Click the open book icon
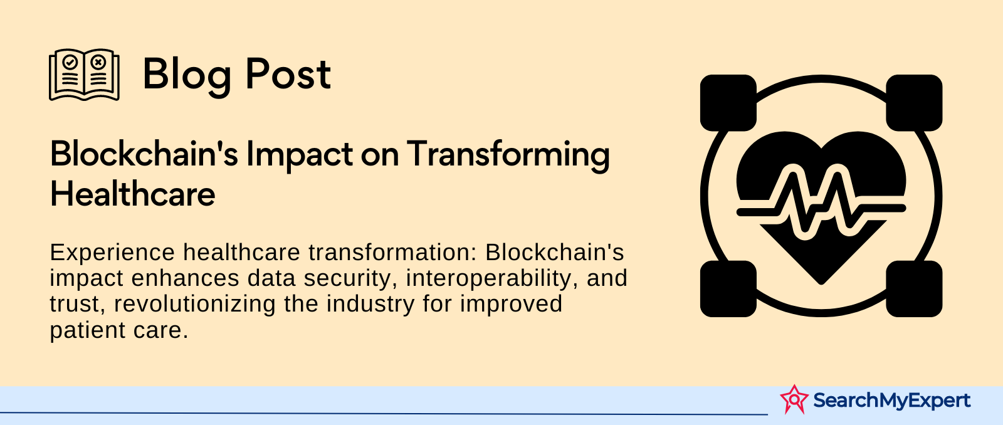(84, 75)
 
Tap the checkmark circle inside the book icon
(70, 62)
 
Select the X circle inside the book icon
(98, 62)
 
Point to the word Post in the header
(288, 75)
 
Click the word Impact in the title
(300, 155)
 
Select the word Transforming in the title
(508, 155)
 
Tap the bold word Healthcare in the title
(132, 194)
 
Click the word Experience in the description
(112, 253)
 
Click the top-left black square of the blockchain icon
(728, 103)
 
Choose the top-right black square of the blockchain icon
(915, 103)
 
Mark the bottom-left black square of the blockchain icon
(728, 289)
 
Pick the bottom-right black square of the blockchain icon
(915, 289)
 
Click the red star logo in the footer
(794, 399)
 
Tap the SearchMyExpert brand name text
(892, 401)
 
